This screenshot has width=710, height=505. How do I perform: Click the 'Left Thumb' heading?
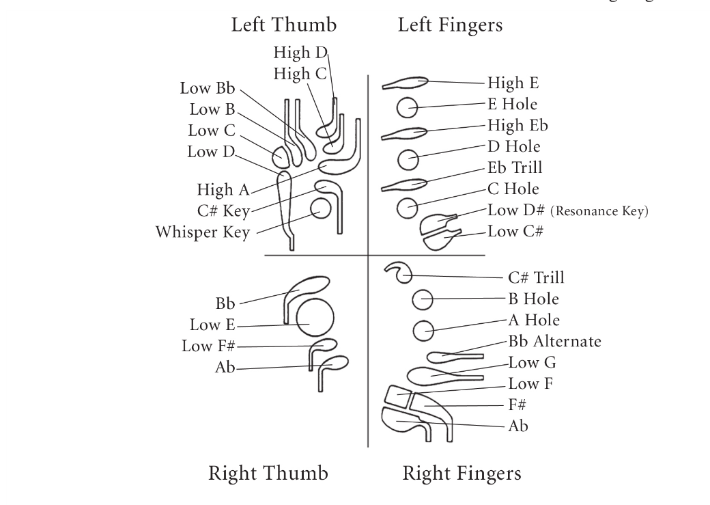pyautogui.click(x=283, y=26)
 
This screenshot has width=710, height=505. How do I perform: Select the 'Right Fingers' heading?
pyautogui.click(x=461, y=473)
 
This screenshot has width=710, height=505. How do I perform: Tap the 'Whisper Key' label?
pyautogui.click(x=202, y=232)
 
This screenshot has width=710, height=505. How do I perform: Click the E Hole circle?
pyautogui.click(x=408, y=107)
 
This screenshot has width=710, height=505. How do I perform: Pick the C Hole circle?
pyautogui.click(x=408, y=207)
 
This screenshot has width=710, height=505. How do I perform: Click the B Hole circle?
pyautogui.click(x=423, y=299)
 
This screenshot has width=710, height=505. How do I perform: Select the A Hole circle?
pyautogui.click(x=423, y=331)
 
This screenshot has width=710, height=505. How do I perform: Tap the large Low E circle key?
pyautogui.click(x=315, y=319)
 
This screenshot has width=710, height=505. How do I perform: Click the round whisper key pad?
pyautogui.click(x=319, y=208)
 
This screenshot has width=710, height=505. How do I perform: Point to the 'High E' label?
pyautogui.click(x=513, y=83)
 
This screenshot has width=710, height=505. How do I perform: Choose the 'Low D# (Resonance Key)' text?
pyautogui.click(x=567, y=210)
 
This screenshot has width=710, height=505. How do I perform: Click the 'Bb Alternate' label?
pyautogui.click(x=554, y=341)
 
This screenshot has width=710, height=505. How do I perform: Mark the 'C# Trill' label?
pyautogui.click(x=536, y=277)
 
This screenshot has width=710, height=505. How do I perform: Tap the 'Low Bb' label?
pyautogui.click(x=207, y=88)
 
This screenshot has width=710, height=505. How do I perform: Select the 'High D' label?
pyautogui.click(x=300, y=53)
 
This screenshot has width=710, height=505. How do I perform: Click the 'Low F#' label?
pyautogui.click(x=208, y=346)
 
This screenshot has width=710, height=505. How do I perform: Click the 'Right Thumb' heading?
pyautogui.click(x=268, y=473)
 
